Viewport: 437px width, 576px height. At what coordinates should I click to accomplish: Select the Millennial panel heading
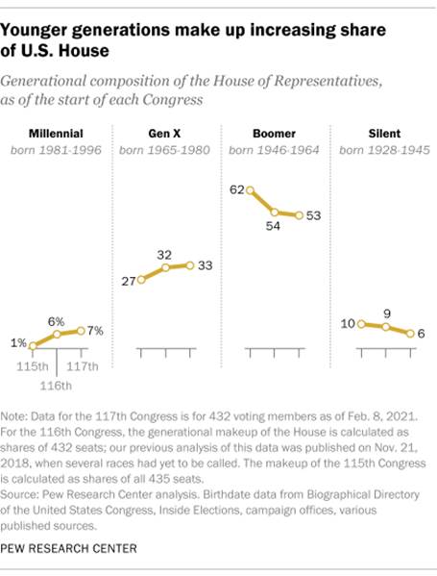[x=56, y=133]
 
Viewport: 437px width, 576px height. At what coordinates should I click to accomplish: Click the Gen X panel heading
[x=165, y=133]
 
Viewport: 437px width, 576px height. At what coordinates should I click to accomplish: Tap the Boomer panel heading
[x=274, y=133]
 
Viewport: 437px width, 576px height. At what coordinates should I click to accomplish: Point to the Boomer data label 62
[x=235, y=190]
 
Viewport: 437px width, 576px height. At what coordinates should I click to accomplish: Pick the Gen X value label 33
[x=205, y=265]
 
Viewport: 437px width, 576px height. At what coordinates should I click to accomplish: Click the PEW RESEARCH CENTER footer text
[x=71, y=548]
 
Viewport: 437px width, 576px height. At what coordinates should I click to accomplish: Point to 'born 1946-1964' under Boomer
[x=274, y=151]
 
